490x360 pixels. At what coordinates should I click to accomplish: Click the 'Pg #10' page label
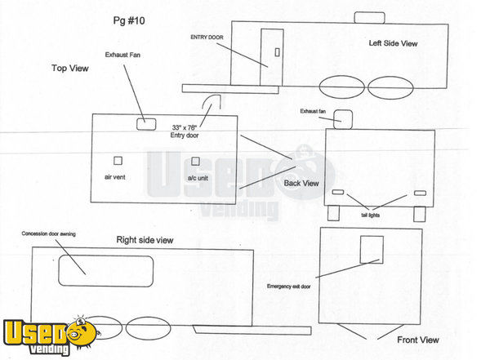(129, 21)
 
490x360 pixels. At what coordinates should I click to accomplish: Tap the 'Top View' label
(70, 68)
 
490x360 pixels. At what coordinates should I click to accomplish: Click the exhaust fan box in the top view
(146, 124)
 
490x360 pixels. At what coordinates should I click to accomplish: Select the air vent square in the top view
(118, 161)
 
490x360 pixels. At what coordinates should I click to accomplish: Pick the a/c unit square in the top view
(195, 162)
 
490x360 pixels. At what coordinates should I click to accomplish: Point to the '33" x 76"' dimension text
(185, 127)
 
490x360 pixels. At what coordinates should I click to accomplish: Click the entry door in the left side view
(272, 57)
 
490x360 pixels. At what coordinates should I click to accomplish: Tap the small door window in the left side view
(277, 52)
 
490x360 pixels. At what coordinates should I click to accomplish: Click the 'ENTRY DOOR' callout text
(207, 38)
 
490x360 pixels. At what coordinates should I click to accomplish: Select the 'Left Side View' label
(393, 43)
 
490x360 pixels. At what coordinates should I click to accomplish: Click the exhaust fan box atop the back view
(343, 119)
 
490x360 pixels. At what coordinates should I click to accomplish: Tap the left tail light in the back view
(338, 192)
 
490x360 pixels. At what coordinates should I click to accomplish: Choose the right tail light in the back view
(420, 193)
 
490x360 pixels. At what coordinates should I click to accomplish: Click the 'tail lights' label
(370, 215)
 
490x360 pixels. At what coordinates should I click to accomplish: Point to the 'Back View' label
(301, 183)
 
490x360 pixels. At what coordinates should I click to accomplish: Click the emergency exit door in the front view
(372, 250)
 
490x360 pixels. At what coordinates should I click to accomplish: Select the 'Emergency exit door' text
(289, 287)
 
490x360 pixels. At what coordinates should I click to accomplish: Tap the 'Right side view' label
(145, 240)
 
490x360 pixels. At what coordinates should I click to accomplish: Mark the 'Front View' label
(418, 340)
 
